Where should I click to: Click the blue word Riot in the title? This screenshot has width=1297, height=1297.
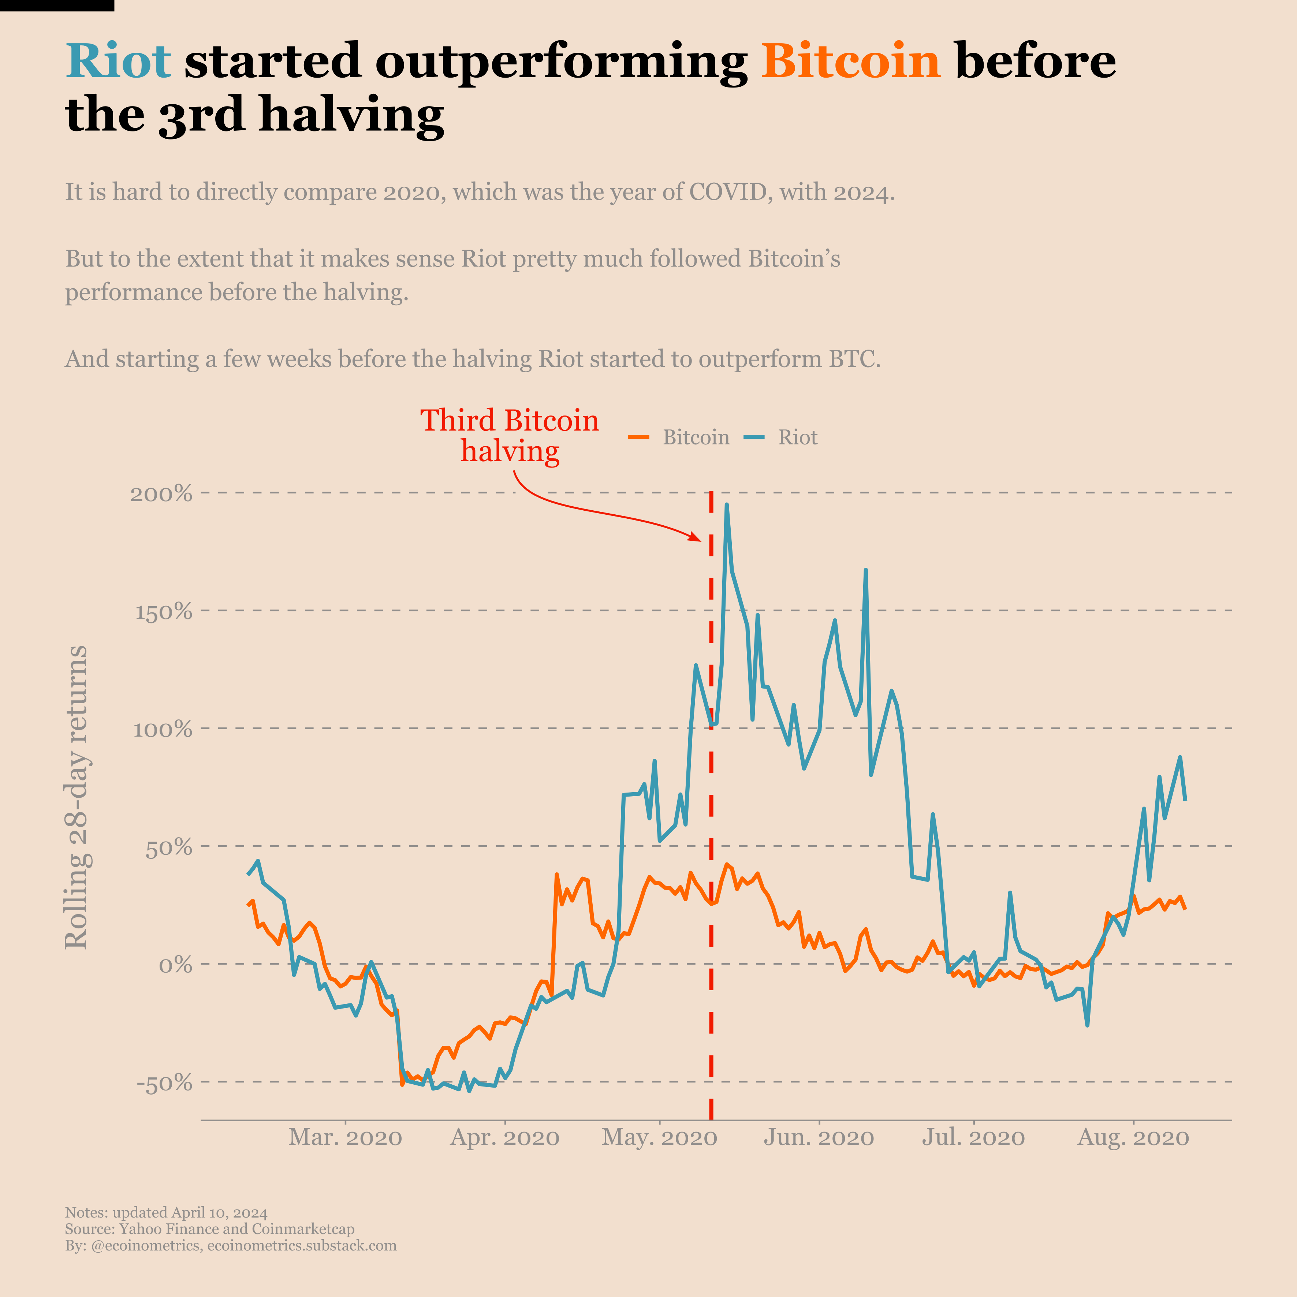tap(118, 60)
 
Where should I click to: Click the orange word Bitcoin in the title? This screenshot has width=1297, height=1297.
tap(850, 60)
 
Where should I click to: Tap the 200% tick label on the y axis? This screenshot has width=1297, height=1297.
tap(161, 494)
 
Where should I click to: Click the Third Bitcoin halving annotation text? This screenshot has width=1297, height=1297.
tap(510, 435)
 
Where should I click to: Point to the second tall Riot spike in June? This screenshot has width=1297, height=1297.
tap(865, 571)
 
